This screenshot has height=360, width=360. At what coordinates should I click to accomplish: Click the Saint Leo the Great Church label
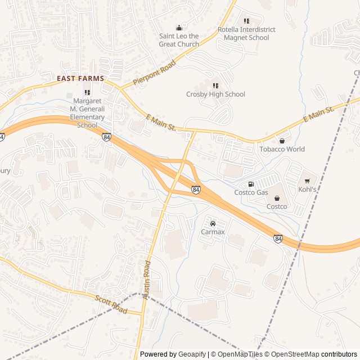pos(179,40)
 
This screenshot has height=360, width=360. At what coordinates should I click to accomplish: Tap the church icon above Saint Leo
pos(179,28)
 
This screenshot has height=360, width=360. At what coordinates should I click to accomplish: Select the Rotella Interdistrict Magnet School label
pos(246,34)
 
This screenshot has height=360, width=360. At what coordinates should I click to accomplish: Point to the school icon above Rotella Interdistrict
pos(246,21)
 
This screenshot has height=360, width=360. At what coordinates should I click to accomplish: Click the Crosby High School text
pos(215,94)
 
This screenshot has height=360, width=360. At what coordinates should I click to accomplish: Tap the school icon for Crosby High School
pos(215,85)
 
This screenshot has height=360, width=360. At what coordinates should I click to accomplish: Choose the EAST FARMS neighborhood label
pos(80,79)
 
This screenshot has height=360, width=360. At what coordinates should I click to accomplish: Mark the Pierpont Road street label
pos(154,73)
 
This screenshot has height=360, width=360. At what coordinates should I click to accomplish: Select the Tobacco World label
pos(282,149)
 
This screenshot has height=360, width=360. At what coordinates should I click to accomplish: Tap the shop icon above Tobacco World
pos(282,141)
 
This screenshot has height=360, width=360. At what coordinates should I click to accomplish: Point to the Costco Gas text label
pos(251,192)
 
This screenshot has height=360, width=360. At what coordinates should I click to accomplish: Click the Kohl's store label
pos(307,190)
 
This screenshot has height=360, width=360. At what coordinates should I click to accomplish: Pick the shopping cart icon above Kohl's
pos(307,181)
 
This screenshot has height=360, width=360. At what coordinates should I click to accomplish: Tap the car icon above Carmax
pos(213,223)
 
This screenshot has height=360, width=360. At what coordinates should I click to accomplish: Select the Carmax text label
pos(213,232)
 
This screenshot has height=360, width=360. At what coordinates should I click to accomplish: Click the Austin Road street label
pos(147,279)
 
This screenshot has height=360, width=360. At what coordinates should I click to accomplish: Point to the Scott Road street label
pos(111,304)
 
